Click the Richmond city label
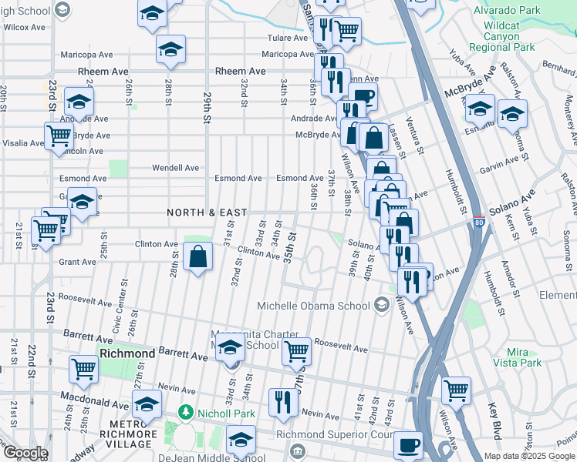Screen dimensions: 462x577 point(127,353)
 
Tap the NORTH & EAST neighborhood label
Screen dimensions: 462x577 point(207,213)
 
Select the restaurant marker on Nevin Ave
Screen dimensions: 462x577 point(283,401)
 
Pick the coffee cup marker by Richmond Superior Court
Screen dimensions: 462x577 point(408,444)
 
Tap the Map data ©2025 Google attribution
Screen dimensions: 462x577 point(529,456)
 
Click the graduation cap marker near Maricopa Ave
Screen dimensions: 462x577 point(170,50)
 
